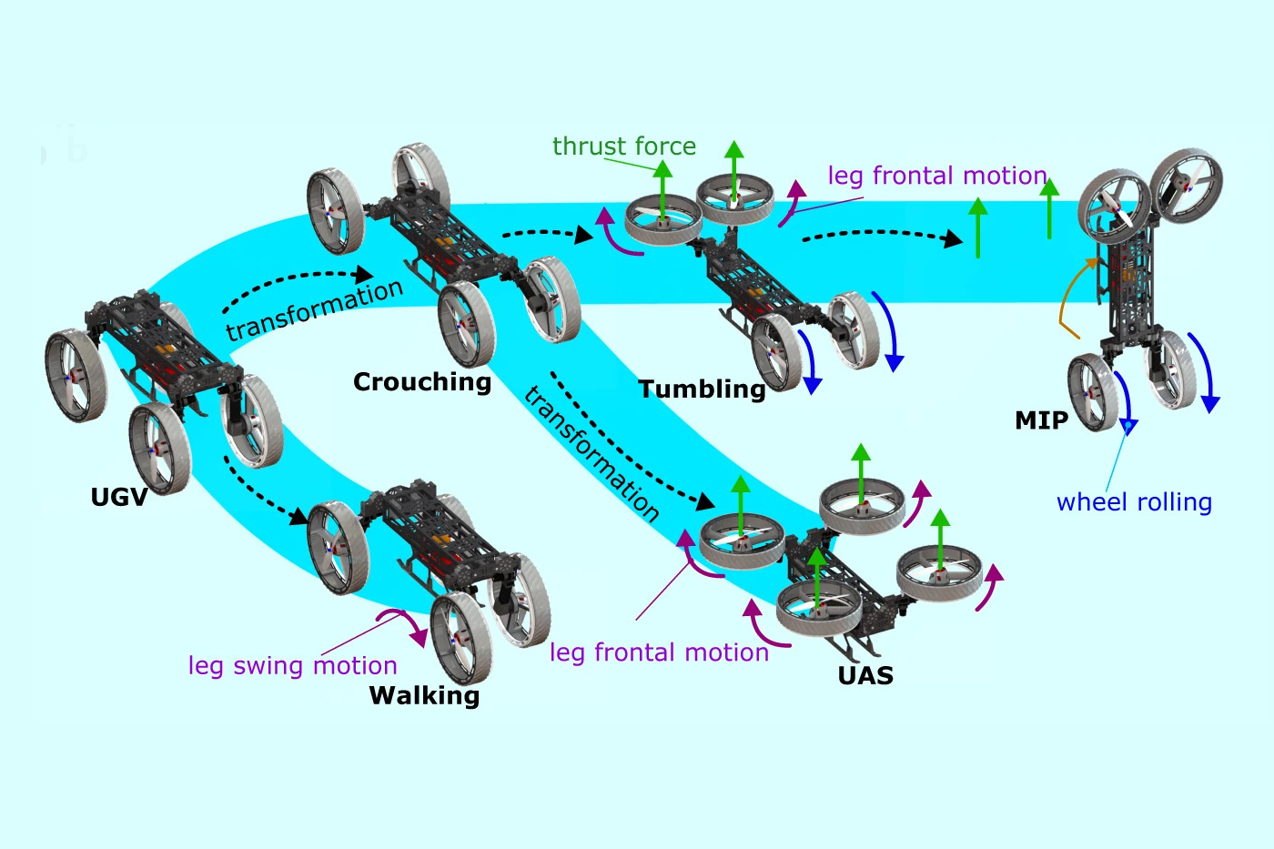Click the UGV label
pyautogui.click(x=118, y=497)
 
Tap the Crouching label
pyautogui.click(x=421, y=382)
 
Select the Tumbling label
pyautogui.click(x=702, y=389)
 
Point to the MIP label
pyautogui.click(x=1041, y=420)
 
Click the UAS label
pyautogui.click(x=865, y=676)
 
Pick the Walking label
pyautogui.click(x=424, y=696)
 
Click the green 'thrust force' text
pyautogui.click(x=623, y=147)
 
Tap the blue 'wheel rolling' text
pyautogui.click(x=1134, y=502)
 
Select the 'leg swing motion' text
pyautogui.click(x=292, y=666)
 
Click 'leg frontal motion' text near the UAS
pyautogui.click(x=659, y=652)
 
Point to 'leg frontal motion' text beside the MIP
pyautogui.click(x=937, y=176)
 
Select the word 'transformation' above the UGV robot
pyautogui.click(x=314, y=309)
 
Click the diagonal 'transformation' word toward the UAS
pyautogui.click(x=591, y=452)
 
